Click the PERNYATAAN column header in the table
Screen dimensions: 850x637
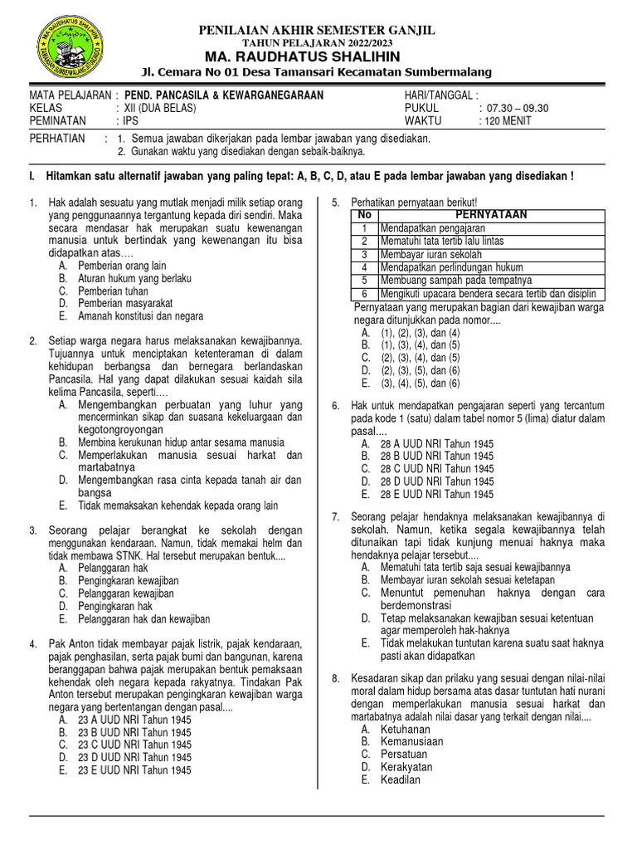[492, 214]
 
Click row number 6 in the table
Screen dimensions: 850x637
[363, 294]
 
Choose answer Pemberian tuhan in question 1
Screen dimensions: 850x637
[113, 291]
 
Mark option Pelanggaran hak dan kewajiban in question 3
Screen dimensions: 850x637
[143, 618]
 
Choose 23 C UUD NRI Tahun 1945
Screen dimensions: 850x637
[134, 745]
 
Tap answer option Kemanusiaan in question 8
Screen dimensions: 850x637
[411, 741]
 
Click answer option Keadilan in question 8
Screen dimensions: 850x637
[400, 779]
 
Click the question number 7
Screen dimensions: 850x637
[336, 517]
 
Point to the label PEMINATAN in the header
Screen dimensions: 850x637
[57, 121]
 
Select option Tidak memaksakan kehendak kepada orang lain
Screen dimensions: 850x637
[177, 506]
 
